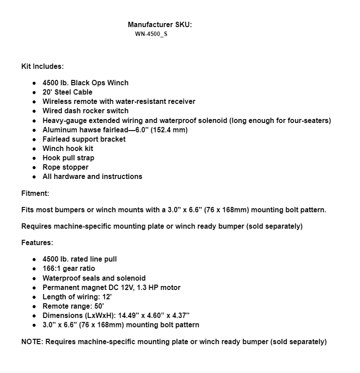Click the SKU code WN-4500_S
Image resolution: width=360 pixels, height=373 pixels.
tap(151, 34)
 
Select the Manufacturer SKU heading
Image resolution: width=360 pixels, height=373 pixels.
tap(160, 25)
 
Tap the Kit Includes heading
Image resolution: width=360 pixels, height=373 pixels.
tap(43, 66)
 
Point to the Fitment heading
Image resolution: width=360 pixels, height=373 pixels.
tap(35, 193)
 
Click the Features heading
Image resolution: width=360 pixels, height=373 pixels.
tap(37, 243)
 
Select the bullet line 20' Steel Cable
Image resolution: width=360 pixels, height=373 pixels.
tap(67, 92)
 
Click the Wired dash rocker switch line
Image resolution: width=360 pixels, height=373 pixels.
tap(85, 111)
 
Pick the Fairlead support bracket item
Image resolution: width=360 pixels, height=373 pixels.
tap(84, 139)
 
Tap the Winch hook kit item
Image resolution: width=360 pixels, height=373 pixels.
tap(68, 148)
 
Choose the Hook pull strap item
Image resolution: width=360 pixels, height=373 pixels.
tap(68, 158)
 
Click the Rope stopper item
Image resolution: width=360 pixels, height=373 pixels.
tap(65, 167)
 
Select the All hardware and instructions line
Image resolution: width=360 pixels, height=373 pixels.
tap(92, 176)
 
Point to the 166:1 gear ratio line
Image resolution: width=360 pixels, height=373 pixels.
tap(69, 268)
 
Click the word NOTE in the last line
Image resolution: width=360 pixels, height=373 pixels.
tap(32, 341)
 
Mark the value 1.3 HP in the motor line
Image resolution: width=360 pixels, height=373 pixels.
tap(148, 287)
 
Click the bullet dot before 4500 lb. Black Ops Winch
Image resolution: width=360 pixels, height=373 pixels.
tap(34, 83)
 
